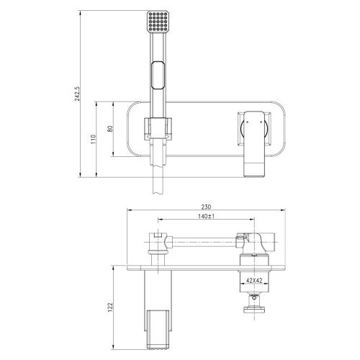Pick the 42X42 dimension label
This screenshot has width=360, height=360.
point(253,282)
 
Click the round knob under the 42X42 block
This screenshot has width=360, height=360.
point(253,310)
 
